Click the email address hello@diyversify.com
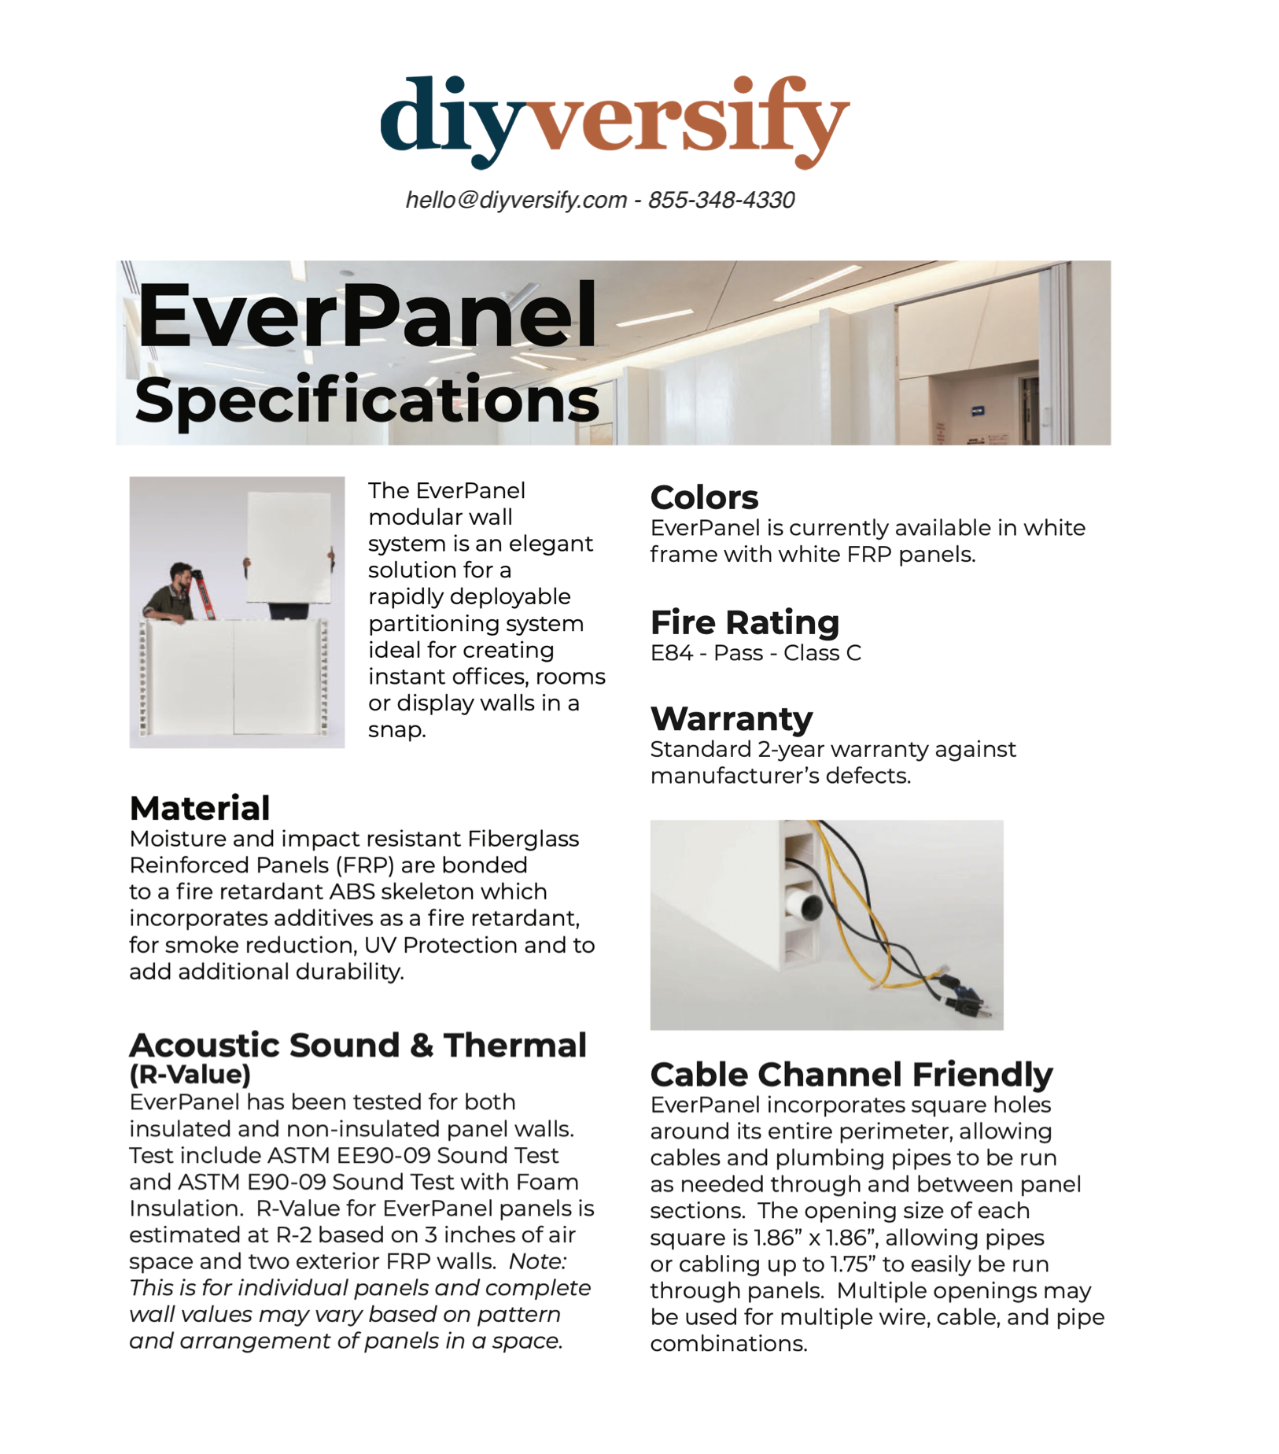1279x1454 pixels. coord(516,200)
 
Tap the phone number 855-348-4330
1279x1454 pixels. coord(721,200)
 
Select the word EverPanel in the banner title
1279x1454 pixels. coord(367,316)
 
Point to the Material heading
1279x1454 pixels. coord(200,808)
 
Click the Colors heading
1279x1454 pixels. coord(704,497)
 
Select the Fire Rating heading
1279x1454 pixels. coord(744,622)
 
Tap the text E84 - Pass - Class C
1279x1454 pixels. coord(755,653)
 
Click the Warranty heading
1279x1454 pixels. coord(731,718)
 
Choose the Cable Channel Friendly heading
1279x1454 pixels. coord(851,1074)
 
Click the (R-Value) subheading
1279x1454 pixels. coord(190,1074)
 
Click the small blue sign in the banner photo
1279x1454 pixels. coord(978,410)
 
